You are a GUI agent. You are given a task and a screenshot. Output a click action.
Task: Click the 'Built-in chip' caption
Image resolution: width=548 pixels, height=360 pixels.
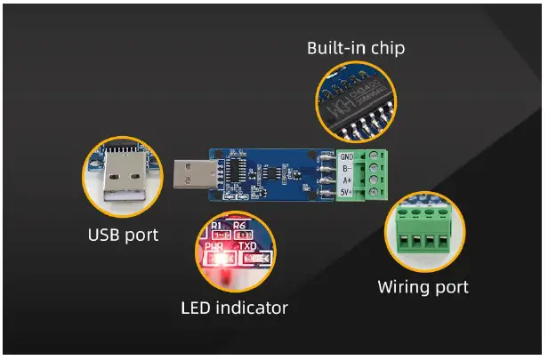tap(356, 48)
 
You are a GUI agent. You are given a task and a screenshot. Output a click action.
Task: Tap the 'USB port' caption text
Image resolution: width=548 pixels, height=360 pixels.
tap(123, 236)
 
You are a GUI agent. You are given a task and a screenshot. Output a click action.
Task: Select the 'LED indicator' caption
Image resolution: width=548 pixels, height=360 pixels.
tap(234, 308)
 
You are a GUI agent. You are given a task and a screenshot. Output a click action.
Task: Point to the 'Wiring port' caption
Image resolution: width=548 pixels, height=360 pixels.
tap(423, 287)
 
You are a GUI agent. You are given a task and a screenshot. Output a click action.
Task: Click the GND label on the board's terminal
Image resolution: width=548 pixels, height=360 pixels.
tap(347, 156)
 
